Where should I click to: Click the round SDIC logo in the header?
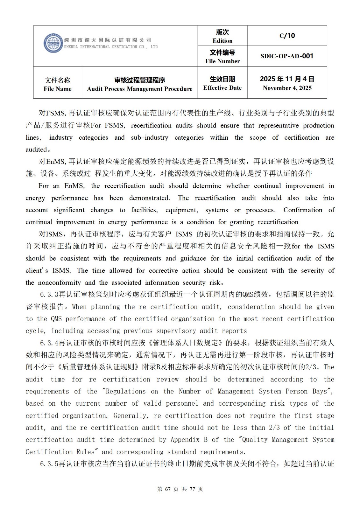53,43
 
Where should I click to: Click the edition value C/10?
287,36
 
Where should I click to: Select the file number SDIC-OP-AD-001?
287,56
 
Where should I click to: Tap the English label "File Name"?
58,89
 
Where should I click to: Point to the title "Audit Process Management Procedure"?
139,89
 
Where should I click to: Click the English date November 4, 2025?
287,88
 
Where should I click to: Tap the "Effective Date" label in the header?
222,88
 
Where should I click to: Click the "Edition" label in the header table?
222,41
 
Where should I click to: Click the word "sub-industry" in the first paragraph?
150,137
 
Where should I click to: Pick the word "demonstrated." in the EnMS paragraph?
150,198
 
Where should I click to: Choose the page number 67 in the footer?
169,489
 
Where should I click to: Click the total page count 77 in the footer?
192,489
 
